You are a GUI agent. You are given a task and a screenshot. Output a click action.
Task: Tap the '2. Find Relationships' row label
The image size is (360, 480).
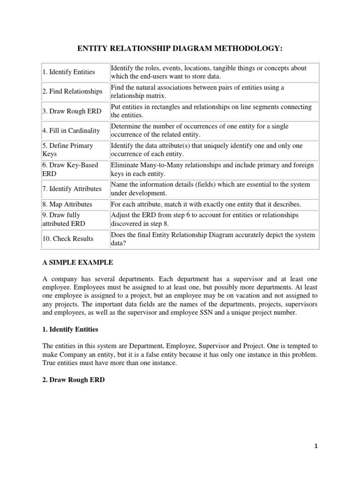tap(72, 91)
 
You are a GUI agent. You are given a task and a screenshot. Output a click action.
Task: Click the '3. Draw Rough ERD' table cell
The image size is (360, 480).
tap(70, 111)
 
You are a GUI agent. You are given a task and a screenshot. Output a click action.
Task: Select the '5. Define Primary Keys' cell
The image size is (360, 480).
tap(68, 150)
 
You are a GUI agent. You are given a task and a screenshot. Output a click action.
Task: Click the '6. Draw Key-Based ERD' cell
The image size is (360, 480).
tap(66, 169)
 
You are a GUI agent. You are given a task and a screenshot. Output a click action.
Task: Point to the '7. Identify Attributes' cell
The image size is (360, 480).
tap(72, 188)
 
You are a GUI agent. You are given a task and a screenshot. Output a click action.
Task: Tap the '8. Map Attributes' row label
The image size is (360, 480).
tap(67, 204)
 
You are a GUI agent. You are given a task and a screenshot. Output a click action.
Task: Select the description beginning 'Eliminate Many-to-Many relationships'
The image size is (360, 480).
tap(212, 169)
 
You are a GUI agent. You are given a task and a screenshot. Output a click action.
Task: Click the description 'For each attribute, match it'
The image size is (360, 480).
tap(205, 204)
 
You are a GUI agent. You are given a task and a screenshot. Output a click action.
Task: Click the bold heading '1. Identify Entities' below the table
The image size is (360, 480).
tap(70, 330)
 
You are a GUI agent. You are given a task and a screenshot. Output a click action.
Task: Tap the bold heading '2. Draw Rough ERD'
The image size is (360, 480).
tap(71, 380)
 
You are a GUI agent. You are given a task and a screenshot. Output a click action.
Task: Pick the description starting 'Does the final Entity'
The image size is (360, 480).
tap(212, 239)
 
